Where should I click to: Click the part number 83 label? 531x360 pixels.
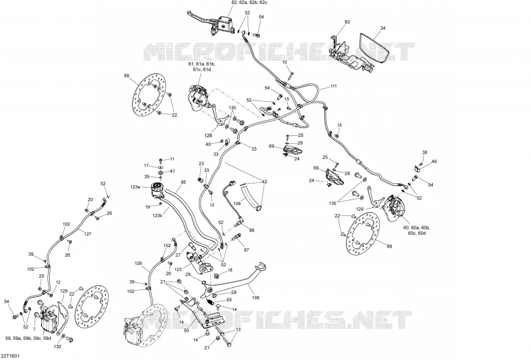coord(347,22)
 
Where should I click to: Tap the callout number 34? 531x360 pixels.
coord(383,28)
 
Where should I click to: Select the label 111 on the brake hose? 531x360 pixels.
coord(334,86)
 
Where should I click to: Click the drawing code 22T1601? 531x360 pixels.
coord(10,356)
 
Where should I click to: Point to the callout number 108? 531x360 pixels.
coord(255,298)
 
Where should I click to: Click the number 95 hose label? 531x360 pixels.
coord(183,182)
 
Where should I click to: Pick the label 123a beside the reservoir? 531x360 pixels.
coord(135,187)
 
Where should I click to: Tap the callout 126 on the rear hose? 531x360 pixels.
coord(138,263)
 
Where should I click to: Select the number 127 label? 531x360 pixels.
coord(88,234)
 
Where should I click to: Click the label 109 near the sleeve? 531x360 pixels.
coord(237,204)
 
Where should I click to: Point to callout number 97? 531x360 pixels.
coord(246,250)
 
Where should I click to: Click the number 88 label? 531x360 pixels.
coord(252,230)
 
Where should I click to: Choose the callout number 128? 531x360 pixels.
coord(208,135)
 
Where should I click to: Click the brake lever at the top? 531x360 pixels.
coord(200,15)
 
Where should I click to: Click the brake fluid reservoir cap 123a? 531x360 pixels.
coord(157,186)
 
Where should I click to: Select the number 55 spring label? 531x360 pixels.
coord(229,300)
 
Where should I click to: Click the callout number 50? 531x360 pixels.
coord(186,330)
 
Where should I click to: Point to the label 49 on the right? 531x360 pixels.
coord(434,162)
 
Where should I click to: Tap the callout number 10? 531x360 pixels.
coord(285,62)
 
